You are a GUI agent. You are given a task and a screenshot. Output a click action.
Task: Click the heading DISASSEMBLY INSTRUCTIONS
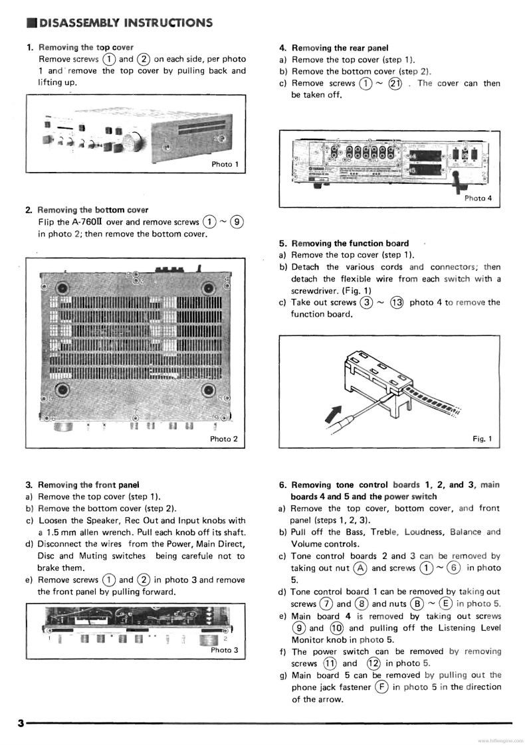(x=126, y=23)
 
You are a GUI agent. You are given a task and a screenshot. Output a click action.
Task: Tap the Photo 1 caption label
(x=225, y=164)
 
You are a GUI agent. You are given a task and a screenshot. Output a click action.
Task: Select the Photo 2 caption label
(x=224, y=438)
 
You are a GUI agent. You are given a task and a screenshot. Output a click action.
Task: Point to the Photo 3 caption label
(x=225, y=649)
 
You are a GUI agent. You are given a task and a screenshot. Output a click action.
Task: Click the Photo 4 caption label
(x=478, y=198)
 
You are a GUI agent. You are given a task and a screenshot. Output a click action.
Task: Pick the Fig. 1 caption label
(x=482, y=438)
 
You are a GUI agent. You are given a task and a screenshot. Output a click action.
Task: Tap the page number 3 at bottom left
(x=21, y=723)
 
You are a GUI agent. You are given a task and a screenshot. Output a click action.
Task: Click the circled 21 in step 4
(x=395, y=84)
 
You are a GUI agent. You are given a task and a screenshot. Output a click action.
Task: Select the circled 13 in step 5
(x=396, y=303)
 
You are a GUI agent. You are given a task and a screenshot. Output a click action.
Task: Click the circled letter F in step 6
(x=381, y=687)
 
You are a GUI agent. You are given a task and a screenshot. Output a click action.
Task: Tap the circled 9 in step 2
(x=237, y=222)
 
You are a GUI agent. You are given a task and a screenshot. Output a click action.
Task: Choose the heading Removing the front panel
(x=88, y=485)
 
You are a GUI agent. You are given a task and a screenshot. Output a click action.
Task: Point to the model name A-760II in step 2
(x=88, y=222)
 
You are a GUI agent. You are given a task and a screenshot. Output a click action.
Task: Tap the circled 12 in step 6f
(x=373, y=663)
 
